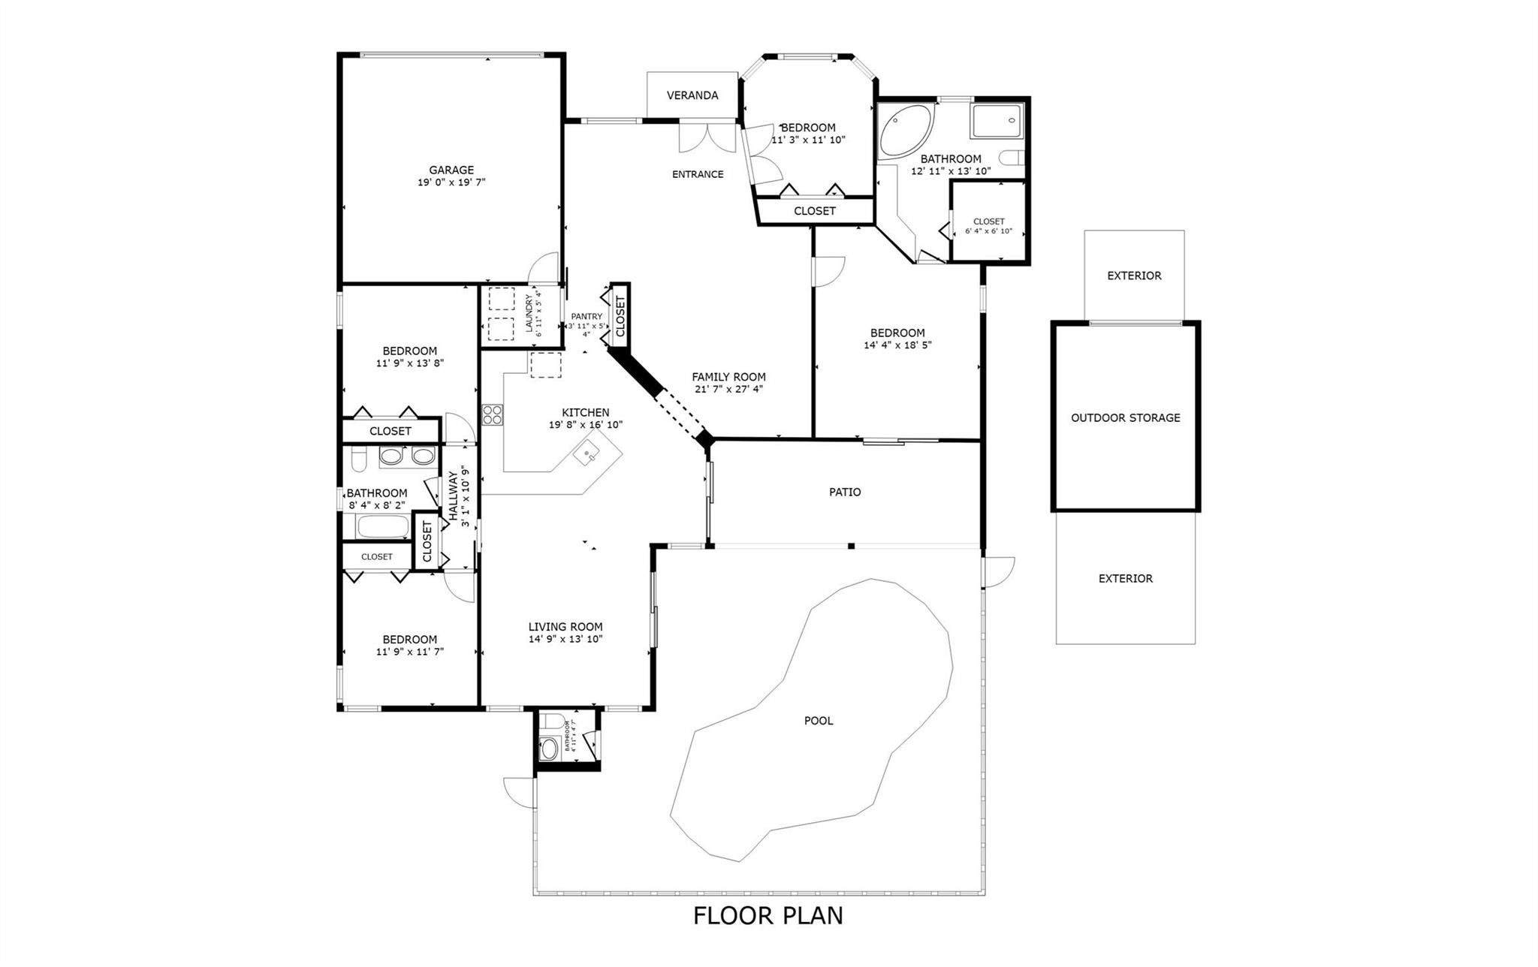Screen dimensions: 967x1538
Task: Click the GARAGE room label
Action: pyautogui.click(x=451, y=170)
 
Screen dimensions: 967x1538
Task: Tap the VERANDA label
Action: pyautogui.click(x=692, y=95)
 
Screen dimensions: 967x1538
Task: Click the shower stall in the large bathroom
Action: pyautogui.click(x=997, y=121)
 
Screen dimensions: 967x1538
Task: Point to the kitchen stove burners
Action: pyautogui.click(x=493, y=414)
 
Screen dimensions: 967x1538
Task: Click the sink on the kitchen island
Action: pyautogui.click(x=587, y=453)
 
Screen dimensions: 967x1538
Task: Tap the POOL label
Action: pyautogui.click(x=819, y=721)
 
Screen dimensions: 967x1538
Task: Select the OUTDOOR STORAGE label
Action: pyautogui.click(x=1125, y=417)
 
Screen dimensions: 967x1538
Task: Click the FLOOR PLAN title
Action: pyautogui.click(x=767, y=915)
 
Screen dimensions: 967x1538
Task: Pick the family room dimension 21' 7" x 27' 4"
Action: pyautogui.click(x=728, y=389)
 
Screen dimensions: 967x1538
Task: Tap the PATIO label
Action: pyautogui.click(x=845, y=492)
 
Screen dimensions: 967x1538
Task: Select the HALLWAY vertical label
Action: pyautogui.click(x=454, y=496)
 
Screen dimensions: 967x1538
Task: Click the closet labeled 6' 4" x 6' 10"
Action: pyautogui.click(x=988, y=226)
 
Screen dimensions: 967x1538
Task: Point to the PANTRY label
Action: pyautogui.click(x=587, y=317)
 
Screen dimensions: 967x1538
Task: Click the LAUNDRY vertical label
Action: pyautogui.click(x=529, y=313)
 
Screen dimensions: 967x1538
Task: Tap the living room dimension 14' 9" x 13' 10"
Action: pyautogui.click(x=565, y=639)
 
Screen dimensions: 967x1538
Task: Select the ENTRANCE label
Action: pyautogui.click(x=698, y=174)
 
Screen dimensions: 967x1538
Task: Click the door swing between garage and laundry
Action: pyautogui.click(x=544, y=268)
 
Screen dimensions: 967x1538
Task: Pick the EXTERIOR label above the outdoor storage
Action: pyautogui.click(x=1134, y=276)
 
